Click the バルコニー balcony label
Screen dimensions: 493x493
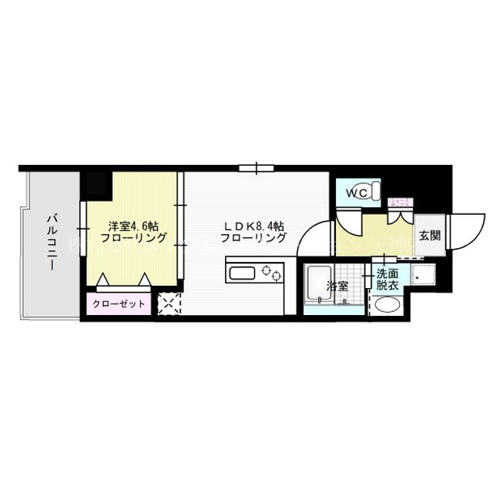tap(50, 242)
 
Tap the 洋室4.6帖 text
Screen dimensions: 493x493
tap(133, 226)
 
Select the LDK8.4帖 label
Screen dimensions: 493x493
tap(253, 226)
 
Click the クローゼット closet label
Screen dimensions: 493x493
tap(119, 304)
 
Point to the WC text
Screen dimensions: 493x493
tap(356, 193)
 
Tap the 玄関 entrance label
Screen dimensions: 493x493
tap(430, 236)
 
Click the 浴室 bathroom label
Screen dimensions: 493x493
tap(337, 286)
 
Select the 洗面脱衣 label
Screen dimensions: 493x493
tap(387, 279)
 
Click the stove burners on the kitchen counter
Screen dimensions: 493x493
tap(272, 272)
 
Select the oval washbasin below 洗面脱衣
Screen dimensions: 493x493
tap(387, 305)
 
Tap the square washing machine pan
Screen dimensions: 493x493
tap(423, 274)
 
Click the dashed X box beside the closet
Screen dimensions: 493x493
tap(169, 304)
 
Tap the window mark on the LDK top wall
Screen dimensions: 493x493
tap(257, 166)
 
